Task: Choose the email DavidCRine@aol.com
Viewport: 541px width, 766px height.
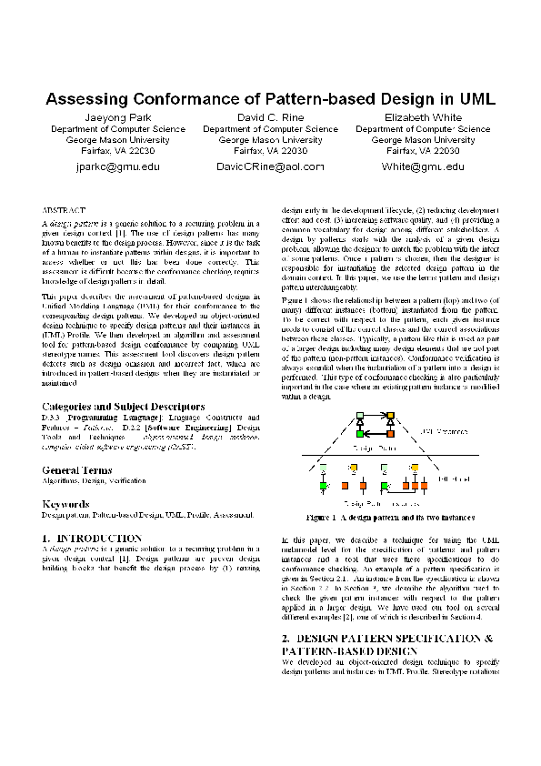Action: (270, 167)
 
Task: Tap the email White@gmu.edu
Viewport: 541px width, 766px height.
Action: (423, 167)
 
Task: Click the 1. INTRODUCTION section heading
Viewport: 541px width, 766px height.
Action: (92, 539)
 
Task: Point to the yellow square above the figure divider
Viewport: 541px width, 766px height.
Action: (391, 418)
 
